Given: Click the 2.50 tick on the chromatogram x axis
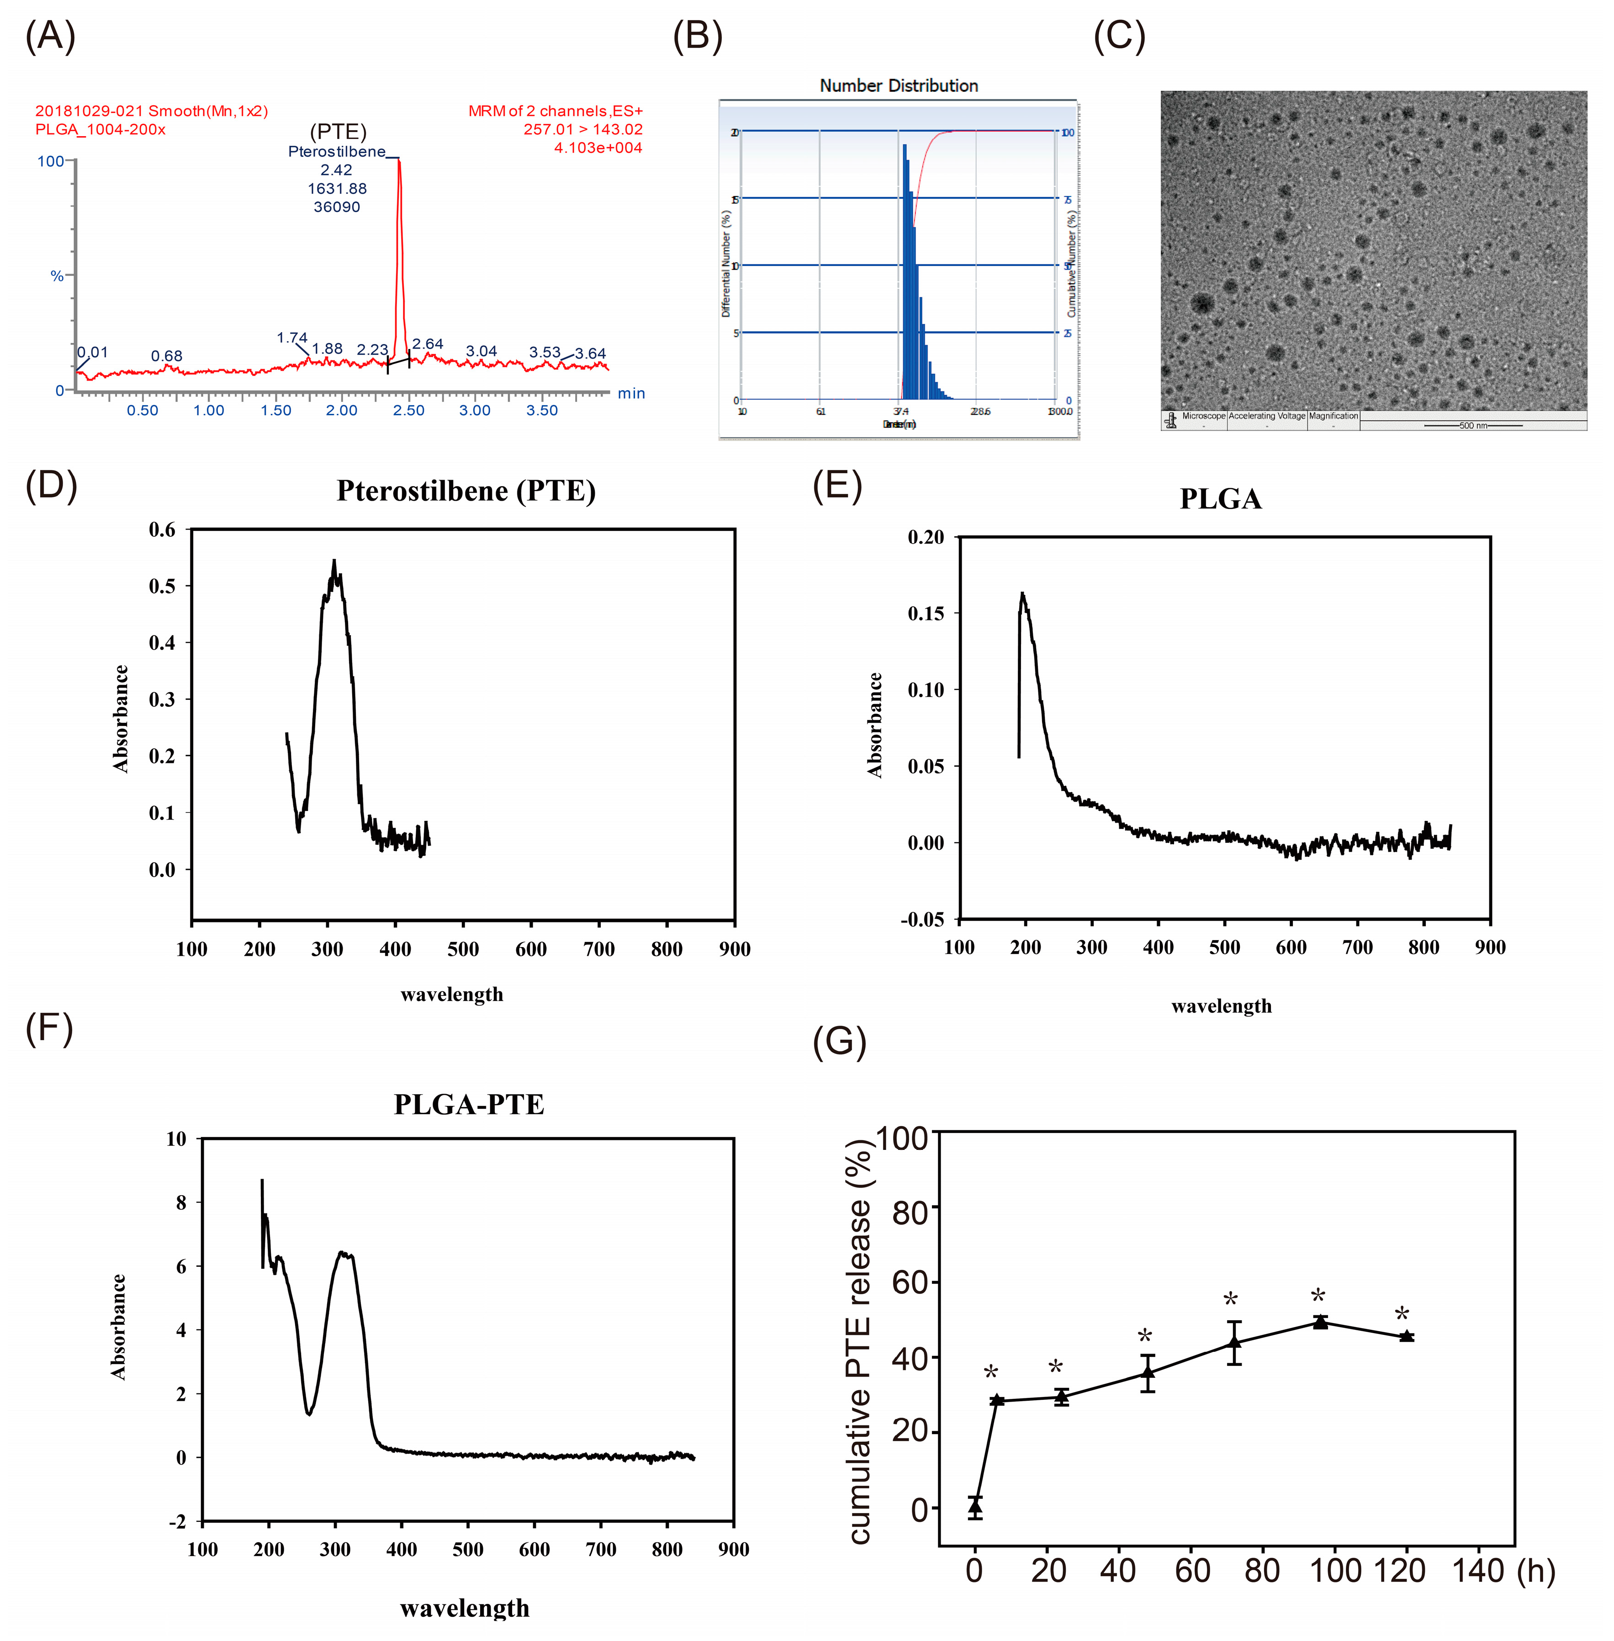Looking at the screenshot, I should [408, 410].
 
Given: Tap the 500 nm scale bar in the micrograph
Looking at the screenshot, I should [1472, 425].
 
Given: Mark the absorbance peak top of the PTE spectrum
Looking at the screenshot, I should [334, 561].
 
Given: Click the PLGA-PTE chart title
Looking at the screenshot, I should [469, 1105].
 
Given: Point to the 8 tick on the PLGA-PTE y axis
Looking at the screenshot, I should [180, 1202].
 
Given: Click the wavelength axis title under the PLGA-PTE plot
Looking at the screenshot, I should [465, 1608].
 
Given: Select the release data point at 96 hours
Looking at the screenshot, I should [1320, 1322].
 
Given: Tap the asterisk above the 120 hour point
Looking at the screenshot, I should [1402, 1315].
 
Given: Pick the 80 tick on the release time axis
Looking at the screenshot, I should [1261, 1571].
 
